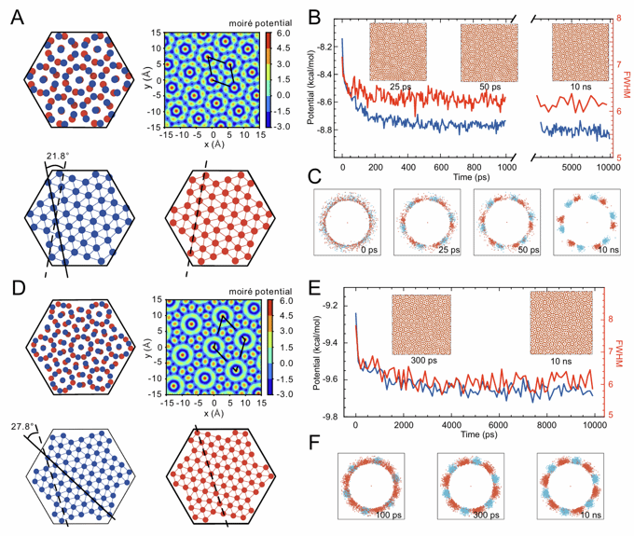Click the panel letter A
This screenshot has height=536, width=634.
tap(17, 19)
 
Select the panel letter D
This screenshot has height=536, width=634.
tap(17, 275)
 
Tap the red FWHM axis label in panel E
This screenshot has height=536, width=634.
tap(626, 347)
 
